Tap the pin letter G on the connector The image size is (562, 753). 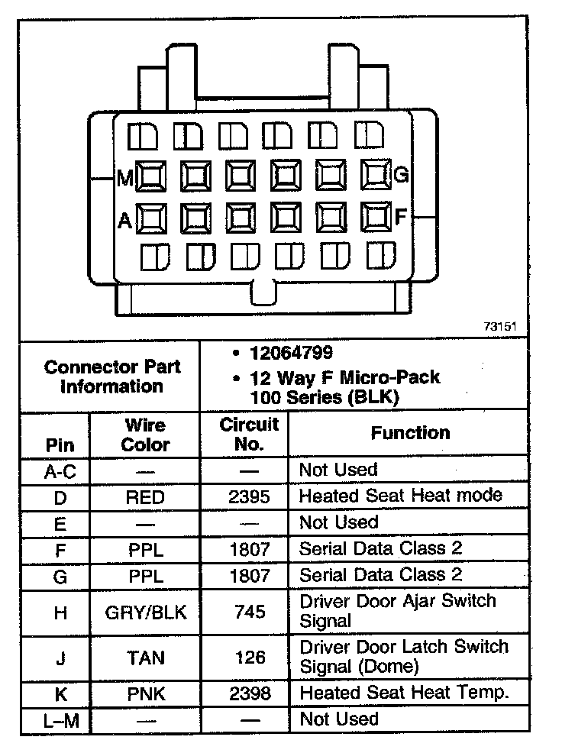click(x=402, y=176)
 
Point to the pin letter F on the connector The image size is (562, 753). click(x=401, y=218)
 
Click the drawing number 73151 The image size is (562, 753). click(x=500, y=326)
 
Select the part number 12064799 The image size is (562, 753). click(x=291, y=353)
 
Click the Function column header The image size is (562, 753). click(x=410, y=433)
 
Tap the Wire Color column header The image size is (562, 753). click(x=145, y=435)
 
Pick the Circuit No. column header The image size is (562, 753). click(x=249, y=434)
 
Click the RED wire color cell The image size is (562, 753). click(x=145, y=497)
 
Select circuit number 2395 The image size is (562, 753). click(x=249, y=497)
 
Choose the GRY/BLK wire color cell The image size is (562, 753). click(x=145, y=612)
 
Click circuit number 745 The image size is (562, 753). click(x=249, y=612)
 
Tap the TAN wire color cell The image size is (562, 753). click(x=145, y=658)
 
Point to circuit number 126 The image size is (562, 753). click(x=249, y=658)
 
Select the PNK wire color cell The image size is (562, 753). click(x=145, y=694)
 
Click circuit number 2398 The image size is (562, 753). click(x=249, y=694)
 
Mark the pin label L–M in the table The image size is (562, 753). click(x=60, y=720)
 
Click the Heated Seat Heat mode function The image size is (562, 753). click(x=400, y=496)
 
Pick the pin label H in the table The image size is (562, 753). click(x=60, y=612)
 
